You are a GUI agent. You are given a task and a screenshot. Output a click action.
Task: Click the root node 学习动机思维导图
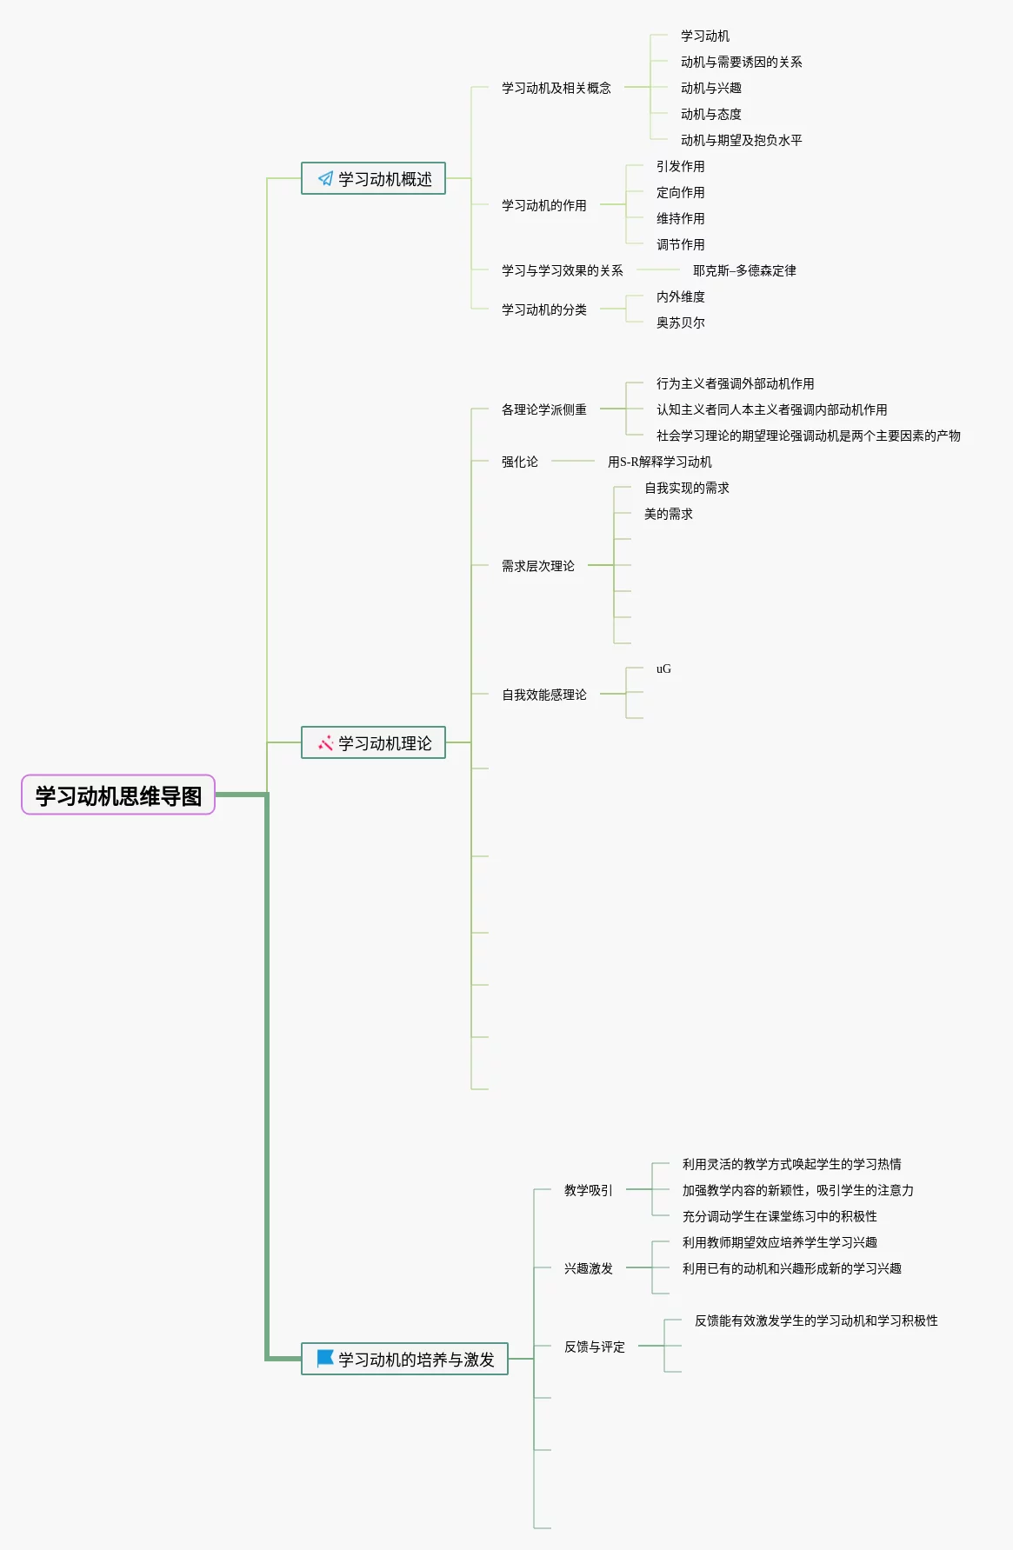click(118, 795)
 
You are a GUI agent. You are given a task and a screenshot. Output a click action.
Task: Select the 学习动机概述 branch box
click(373, 179)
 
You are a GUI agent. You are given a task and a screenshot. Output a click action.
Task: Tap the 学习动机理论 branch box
click(373, 743)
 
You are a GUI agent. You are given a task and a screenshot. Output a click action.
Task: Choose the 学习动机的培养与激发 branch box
click(404, 1360)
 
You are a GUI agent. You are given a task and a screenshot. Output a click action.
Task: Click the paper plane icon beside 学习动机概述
click(325, 179)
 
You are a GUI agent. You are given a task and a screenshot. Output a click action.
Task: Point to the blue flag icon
click(325, 1358)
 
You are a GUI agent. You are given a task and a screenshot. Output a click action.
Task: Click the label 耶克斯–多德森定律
click(744, 270)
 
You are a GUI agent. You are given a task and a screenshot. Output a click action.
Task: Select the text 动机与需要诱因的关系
click(741, 62)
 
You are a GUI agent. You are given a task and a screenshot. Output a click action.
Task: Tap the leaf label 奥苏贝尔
click(680, 323)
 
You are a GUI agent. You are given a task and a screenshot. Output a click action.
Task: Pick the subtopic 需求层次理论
click(537, 566)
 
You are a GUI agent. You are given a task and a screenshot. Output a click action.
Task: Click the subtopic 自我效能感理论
click(543, 695)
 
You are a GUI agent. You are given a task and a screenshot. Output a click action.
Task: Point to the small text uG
click(663, 669)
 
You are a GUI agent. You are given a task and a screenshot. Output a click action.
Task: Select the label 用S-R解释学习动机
click(659, 462)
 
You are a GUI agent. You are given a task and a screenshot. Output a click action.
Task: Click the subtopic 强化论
click(519, 462)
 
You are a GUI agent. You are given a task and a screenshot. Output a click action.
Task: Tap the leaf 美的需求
click(668, 514)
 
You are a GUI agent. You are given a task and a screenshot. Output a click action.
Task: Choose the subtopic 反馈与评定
click(594, 1347)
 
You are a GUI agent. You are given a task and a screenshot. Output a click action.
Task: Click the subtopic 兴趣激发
click(588, 1268)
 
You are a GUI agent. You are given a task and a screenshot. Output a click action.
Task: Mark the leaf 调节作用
click(680, 244)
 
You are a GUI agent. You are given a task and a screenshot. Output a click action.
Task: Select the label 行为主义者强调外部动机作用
click(735, 383)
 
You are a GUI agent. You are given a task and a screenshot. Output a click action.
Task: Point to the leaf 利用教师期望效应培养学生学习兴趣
click(779, 1242)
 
